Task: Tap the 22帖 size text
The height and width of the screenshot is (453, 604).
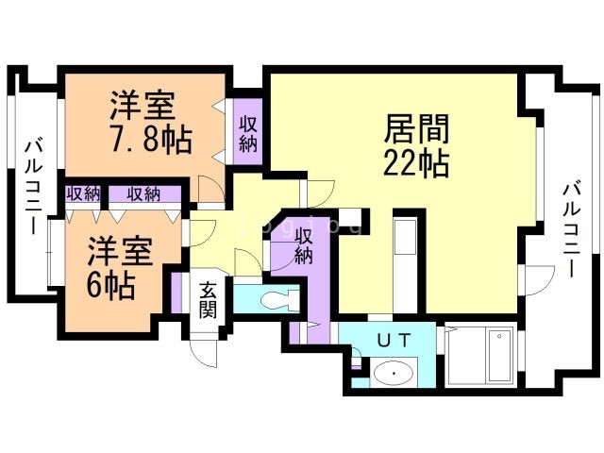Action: [x=416, y=163]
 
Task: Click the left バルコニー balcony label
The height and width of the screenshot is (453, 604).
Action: [x=34, y=187]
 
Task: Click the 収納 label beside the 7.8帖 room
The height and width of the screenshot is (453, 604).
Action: [x=248, y=134]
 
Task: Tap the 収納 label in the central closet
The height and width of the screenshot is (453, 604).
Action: [x=303, y=245]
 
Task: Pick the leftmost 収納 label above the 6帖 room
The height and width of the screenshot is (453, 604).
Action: [x=83, y=193]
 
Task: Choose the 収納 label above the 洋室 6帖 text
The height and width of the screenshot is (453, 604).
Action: [x=143, y=193]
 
